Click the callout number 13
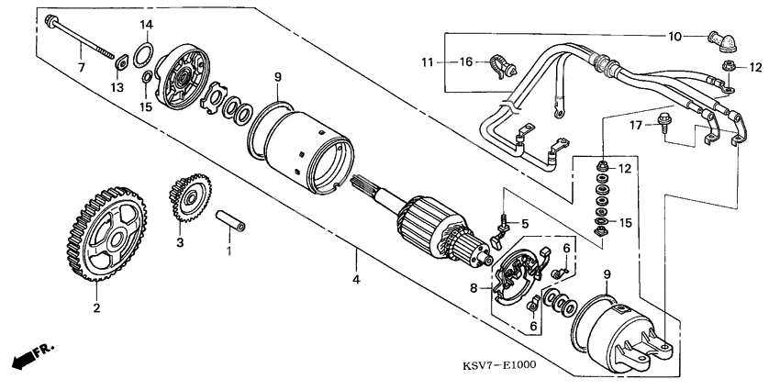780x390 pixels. click(117, 87)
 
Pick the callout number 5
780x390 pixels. click(527, 223)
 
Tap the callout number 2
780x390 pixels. click(95, 308)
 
